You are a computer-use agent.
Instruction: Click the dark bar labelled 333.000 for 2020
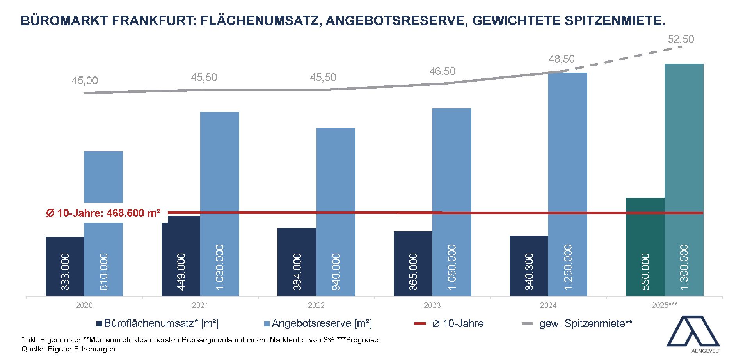pos(65,266)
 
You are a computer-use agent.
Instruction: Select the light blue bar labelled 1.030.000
pos(220,203)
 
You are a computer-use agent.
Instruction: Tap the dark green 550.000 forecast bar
pos(645,247)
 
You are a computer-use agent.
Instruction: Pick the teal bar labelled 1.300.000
pos(684,179)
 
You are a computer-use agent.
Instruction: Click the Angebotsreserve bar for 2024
pos(568,183)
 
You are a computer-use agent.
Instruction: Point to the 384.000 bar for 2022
pos(297,262)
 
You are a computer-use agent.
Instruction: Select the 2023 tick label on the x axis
pos(432,305)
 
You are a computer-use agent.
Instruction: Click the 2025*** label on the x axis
pos(664,305)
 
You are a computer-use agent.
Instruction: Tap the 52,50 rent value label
pos(681,39)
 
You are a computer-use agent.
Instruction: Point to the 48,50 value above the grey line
pos(562,59)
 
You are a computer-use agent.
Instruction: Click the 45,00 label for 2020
pos(85,81)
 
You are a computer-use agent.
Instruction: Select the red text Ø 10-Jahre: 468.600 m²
pos(103,213)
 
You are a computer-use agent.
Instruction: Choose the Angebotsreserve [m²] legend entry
pos(318,323)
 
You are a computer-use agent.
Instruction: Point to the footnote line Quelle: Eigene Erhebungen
pos(68,349)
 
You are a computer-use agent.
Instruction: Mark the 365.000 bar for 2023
pos(413,264)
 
